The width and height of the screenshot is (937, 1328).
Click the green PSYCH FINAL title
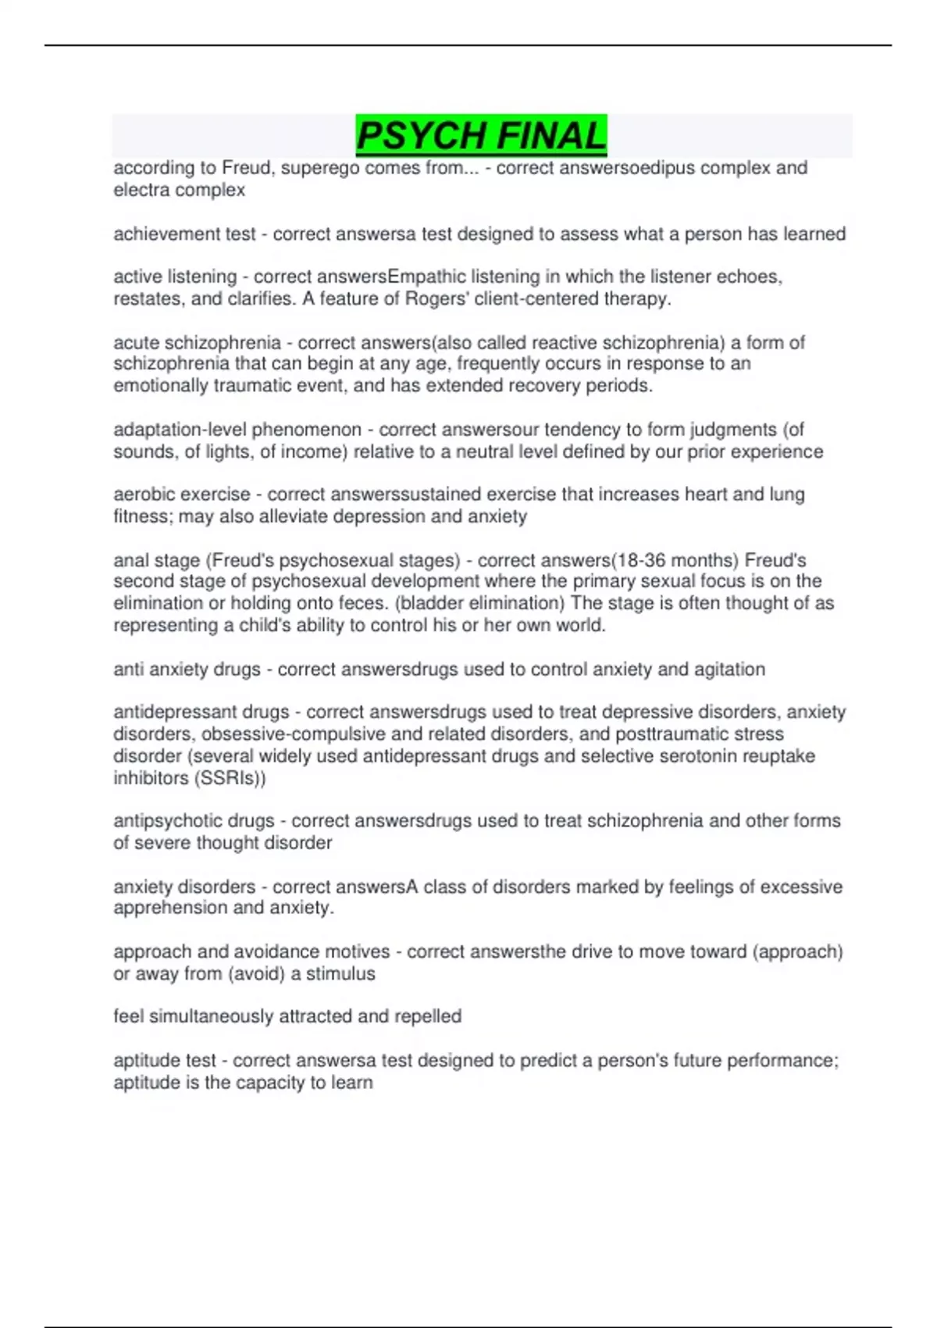[x=481, y=136]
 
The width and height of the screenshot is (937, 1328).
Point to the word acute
[x=136, y=343]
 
